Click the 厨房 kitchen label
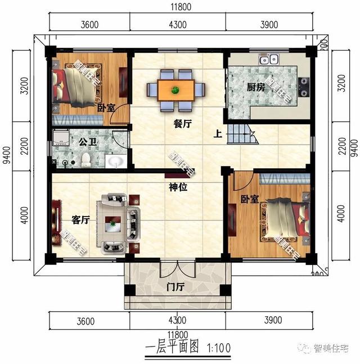(x=255, y=88)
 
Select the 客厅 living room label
(x=81, y=221)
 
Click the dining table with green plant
(x=176, y=89)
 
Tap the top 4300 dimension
(x=177, y=24)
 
